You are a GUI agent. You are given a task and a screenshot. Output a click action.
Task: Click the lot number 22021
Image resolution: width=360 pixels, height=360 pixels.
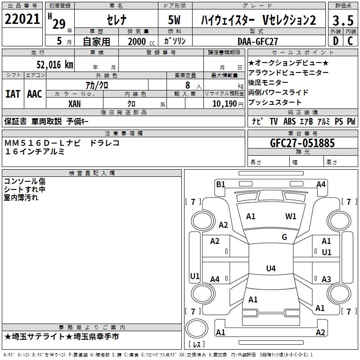point(22,19)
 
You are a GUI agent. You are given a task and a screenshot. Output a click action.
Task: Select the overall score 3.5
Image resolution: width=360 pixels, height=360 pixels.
point(343,20)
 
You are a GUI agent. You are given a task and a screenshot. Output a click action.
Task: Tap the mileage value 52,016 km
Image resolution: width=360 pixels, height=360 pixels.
point(55,65)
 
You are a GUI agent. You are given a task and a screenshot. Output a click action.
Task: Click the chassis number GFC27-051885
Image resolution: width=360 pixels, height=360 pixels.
point(302,143)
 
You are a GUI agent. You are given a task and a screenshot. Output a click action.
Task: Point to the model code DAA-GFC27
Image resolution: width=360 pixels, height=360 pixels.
point(257,41)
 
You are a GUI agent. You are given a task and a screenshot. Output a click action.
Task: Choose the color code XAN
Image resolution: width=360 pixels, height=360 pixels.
point(74,104)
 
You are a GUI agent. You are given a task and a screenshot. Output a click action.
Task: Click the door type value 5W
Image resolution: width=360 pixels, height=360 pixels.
point(174,20)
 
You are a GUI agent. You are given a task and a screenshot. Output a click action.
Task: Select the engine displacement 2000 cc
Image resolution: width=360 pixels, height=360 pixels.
point(141,41)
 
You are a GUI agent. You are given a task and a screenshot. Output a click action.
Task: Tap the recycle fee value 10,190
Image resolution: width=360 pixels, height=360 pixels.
point(225,104)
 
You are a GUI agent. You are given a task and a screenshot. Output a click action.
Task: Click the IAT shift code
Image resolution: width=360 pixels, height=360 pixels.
point(13,94)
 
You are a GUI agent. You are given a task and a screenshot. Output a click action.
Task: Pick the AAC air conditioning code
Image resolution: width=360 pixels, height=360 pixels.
point(35,94)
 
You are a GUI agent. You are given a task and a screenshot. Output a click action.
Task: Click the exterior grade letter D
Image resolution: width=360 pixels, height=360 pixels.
point(336,41)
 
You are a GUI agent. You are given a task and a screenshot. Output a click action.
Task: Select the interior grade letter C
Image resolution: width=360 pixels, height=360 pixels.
point(350,41)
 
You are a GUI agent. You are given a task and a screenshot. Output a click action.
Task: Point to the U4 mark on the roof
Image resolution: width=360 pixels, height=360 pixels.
point(271,268)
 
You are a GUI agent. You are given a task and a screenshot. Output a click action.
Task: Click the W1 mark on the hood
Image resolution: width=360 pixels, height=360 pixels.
point(291,216)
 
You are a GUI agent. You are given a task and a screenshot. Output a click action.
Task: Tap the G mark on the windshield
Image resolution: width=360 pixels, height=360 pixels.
point(284,237)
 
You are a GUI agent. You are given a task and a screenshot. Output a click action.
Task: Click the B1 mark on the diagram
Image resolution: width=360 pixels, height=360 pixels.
point(220,184)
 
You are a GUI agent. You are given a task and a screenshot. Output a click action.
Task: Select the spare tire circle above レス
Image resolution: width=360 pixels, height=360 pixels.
point(197,329)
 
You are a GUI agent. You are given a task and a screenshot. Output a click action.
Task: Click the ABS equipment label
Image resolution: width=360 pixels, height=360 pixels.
point(289,121)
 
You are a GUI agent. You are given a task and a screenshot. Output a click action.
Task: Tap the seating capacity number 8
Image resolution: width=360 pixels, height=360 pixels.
point(188,85)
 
